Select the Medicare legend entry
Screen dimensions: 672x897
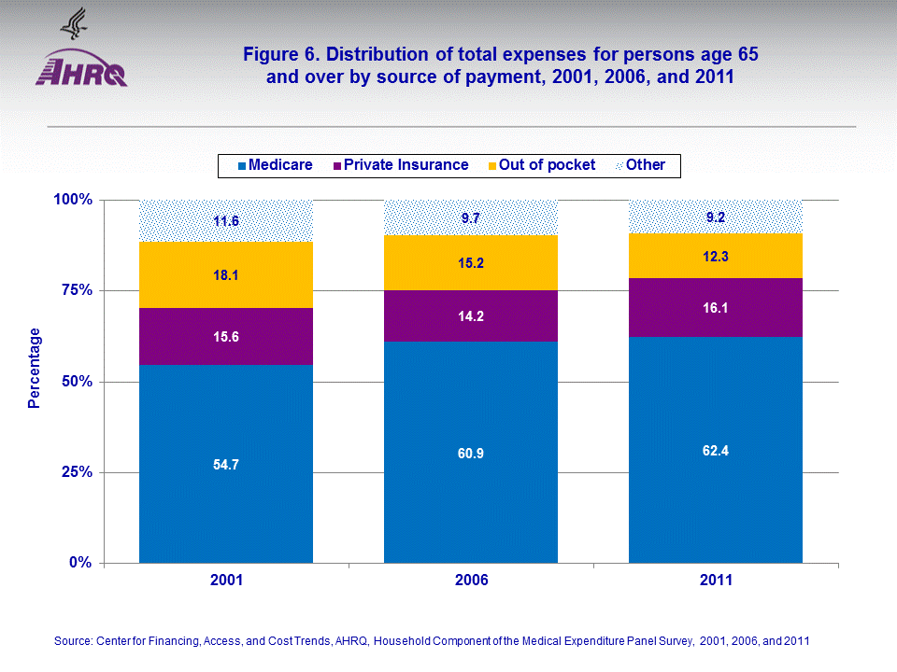tap(277, 165)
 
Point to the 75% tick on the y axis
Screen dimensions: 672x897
tap(72, 290)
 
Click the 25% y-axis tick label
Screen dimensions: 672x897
tap(72, 472)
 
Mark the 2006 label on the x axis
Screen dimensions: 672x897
tap(471, 580)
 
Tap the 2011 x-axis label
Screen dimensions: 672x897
tap(716, 580)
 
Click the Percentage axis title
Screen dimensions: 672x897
tap(35, 369)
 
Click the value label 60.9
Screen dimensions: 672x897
tap(471, 454)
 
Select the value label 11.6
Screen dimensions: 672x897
tap(226, 221)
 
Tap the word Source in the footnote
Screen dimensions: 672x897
tap(72, 641)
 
